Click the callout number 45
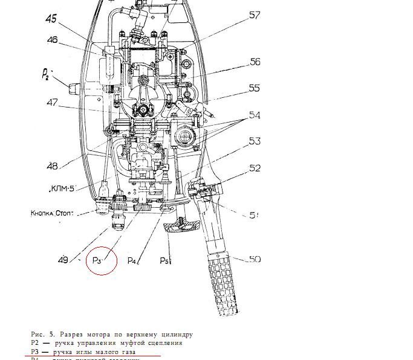(x=50, y=19)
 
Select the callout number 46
(x=53, y=40)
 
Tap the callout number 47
(x=51, y=103)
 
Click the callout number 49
(x=63, y=260)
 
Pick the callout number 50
(x=254, y=259)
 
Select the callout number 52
(x=255, y=169)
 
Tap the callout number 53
(x=255, y=141)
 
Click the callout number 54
(x=255, y=115)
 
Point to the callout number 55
(x=254, y=88)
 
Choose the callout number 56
(x=255, y=62)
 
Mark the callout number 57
(x=255, y=15)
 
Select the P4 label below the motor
(x=133, y=261)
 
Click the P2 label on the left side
(x=47, y=74)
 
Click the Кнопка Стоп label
(x=56, y=213)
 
